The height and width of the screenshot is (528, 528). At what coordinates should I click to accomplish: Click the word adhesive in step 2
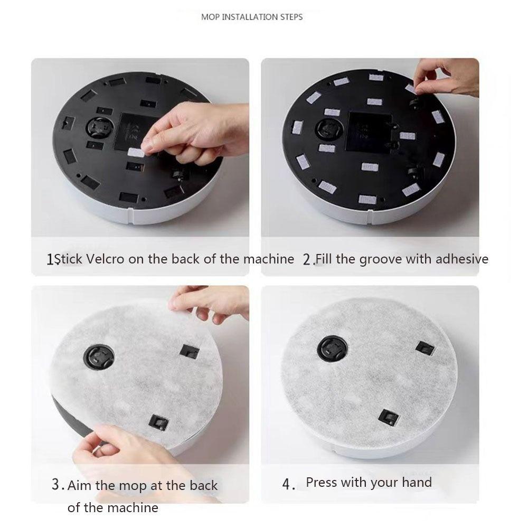462,259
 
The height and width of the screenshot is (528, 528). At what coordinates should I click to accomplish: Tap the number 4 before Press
287,484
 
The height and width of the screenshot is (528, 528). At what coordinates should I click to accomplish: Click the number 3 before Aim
56,484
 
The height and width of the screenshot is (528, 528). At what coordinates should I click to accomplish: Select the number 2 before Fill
307,260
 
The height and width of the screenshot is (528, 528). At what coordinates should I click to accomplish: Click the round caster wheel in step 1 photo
99,128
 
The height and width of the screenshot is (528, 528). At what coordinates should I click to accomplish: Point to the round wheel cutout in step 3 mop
99,357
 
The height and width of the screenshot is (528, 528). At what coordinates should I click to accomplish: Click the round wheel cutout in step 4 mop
333,348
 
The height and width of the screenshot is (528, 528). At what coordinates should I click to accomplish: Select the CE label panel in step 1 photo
135,131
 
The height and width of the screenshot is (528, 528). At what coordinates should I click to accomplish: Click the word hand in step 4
417,482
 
